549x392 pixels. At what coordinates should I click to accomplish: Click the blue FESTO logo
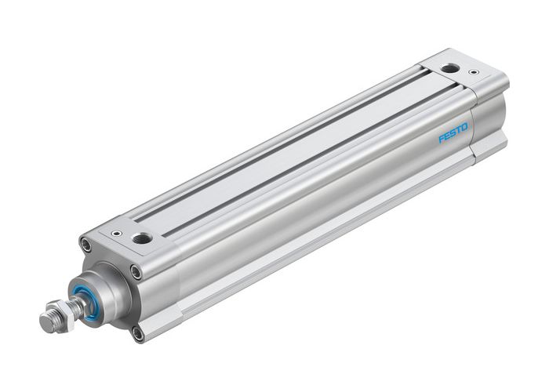tap(453, 132)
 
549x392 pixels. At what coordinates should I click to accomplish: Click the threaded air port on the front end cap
tap(142, 238)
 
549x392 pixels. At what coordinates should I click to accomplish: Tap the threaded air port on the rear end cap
tap(449, 69)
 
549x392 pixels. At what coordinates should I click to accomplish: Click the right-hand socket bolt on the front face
tap(136, 272)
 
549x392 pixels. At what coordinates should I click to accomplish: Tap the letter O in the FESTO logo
tap(465, 125)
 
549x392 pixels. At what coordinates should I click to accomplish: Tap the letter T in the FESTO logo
tap(459, 129)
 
